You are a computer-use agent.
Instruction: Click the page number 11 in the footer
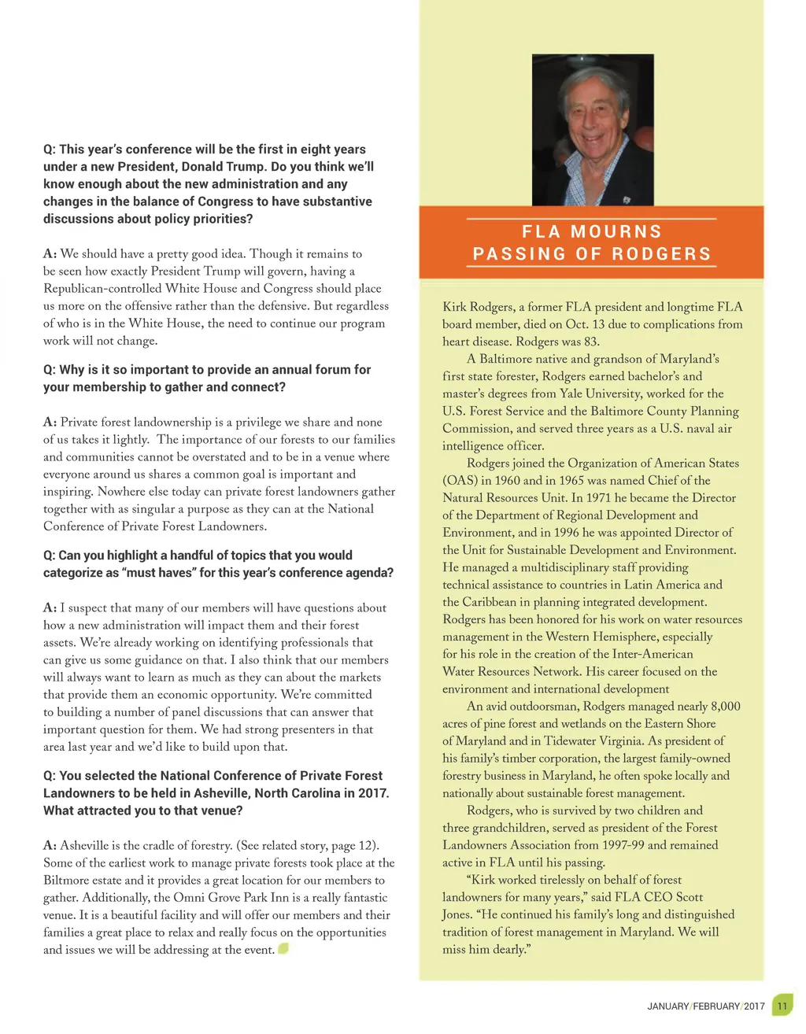pyautogui.click(x=782, y=1006)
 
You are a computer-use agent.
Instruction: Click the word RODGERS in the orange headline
pyautogui.click(x=661, y=254)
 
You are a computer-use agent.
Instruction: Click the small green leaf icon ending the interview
pyautogui.click(x=283, y=948)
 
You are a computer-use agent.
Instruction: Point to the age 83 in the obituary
pyautogui.click(x=590, y=342)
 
